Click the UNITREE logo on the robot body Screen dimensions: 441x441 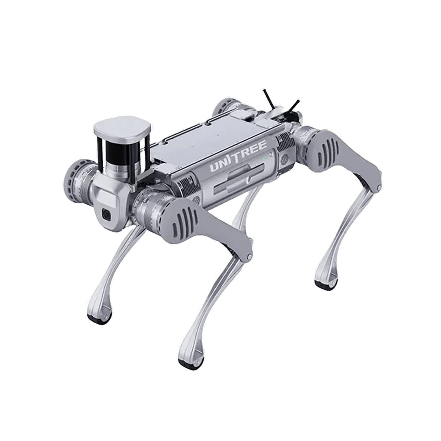tap(238, 157)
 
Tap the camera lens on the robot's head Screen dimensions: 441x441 tap(107, 215)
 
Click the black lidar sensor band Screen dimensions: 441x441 tap(120, 150)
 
